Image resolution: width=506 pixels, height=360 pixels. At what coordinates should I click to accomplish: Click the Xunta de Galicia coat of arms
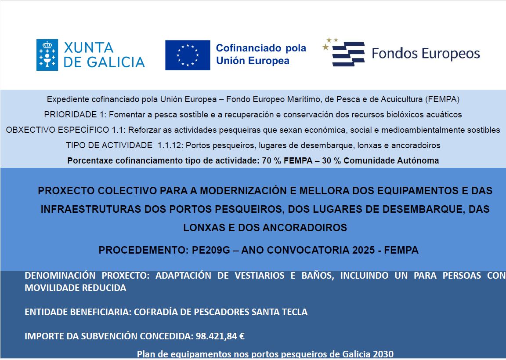click(x=47, y=55)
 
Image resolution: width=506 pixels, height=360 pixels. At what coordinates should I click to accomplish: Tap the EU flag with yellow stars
click(x=188, y=55)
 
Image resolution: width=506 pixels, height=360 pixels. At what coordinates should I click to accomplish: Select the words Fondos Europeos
click(x=426, y=54)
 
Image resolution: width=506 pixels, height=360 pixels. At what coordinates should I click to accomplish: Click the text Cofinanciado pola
click(x=261, y=48)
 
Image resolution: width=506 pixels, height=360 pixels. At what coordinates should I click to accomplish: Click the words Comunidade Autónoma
click(x=391, y=160)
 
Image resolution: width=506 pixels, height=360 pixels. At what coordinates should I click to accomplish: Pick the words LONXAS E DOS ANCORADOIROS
click(x=265, y=228)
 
